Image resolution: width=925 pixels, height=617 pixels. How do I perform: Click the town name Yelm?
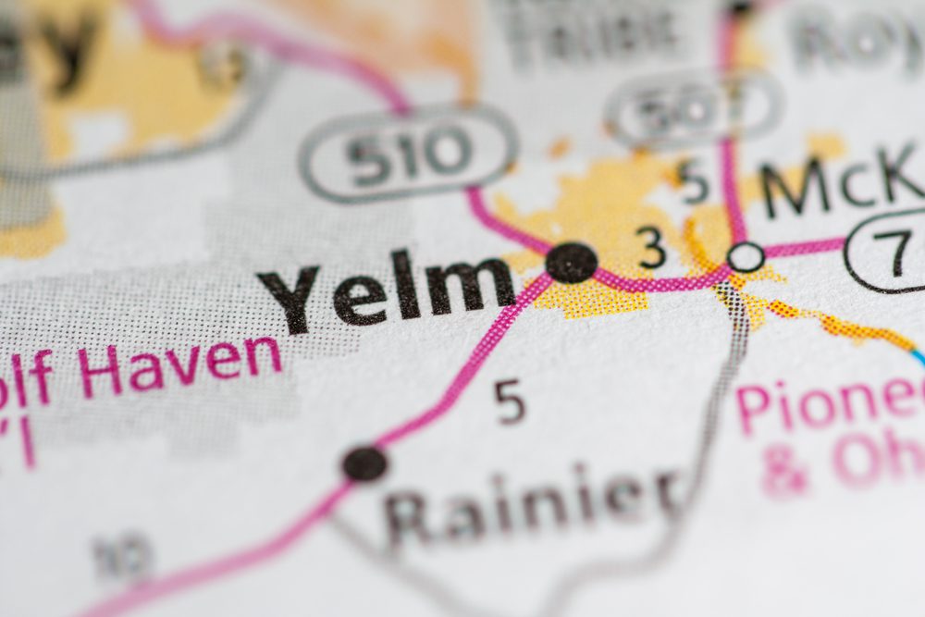pos(386,290)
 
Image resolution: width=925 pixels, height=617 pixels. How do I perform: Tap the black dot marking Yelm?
pos(571,263)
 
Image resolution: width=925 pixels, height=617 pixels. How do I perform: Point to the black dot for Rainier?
pos(364,463)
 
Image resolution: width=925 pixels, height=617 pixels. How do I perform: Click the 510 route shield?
pos(408,153)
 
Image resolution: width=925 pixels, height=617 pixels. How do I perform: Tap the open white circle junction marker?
pos(746,256)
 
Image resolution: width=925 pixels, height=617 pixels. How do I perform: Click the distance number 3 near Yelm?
pos(652,248)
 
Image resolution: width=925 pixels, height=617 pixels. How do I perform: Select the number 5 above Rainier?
pos(510,401)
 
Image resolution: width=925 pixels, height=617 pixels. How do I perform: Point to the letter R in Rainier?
pos(407,518)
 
